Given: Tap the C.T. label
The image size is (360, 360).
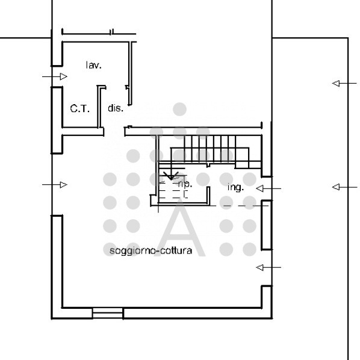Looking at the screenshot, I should pyautogui.click(x=79, y=109).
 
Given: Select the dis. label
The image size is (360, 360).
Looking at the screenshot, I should pyautogui.click(x=116, y=109).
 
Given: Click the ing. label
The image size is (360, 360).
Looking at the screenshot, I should pyautogui.click(x=235, y=187).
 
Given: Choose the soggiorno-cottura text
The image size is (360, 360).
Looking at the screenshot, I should pyautogui.click(x=151, y=251).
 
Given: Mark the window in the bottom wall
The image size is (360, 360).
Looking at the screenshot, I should pyautogui.click(x=108, y=313).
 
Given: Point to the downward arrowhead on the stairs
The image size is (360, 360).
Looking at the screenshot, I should pyautogui.click(x=170, y=176).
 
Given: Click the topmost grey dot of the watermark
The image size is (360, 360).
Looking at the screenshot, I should pyautogui.click(x=179, y=109).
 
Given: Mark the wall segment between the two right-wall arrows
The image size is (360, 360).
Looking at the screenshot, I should pyautogui.click(x=266, y=226).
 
